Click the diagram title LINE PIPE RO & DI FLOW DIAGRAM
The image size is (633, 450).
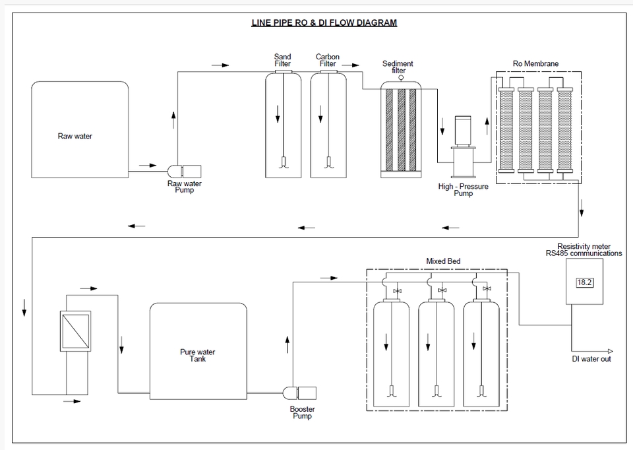[x=324, y=22]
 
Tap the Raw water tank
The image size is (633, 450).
[x=80, y=129]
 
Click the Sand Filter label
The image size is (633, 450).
[x=282, y=60]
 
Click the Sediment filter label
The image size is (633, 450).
[x=398, y=67]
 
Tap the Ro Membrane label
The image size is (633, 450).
[x=535, y=64]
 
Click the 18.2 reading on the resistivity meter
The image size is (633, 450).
[x=584, y=282]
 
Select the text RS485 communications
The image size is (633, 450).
[x=584, y=253]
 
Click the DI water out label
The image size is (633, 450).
[x=591, y=359]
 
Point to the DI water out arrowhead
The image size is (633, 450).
[x=610, y=351]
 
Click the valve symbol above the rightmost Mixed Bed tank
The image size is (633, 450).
[x=487, y=289]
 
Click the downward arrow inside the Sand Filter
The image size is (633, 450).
[x=278, y=113]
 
